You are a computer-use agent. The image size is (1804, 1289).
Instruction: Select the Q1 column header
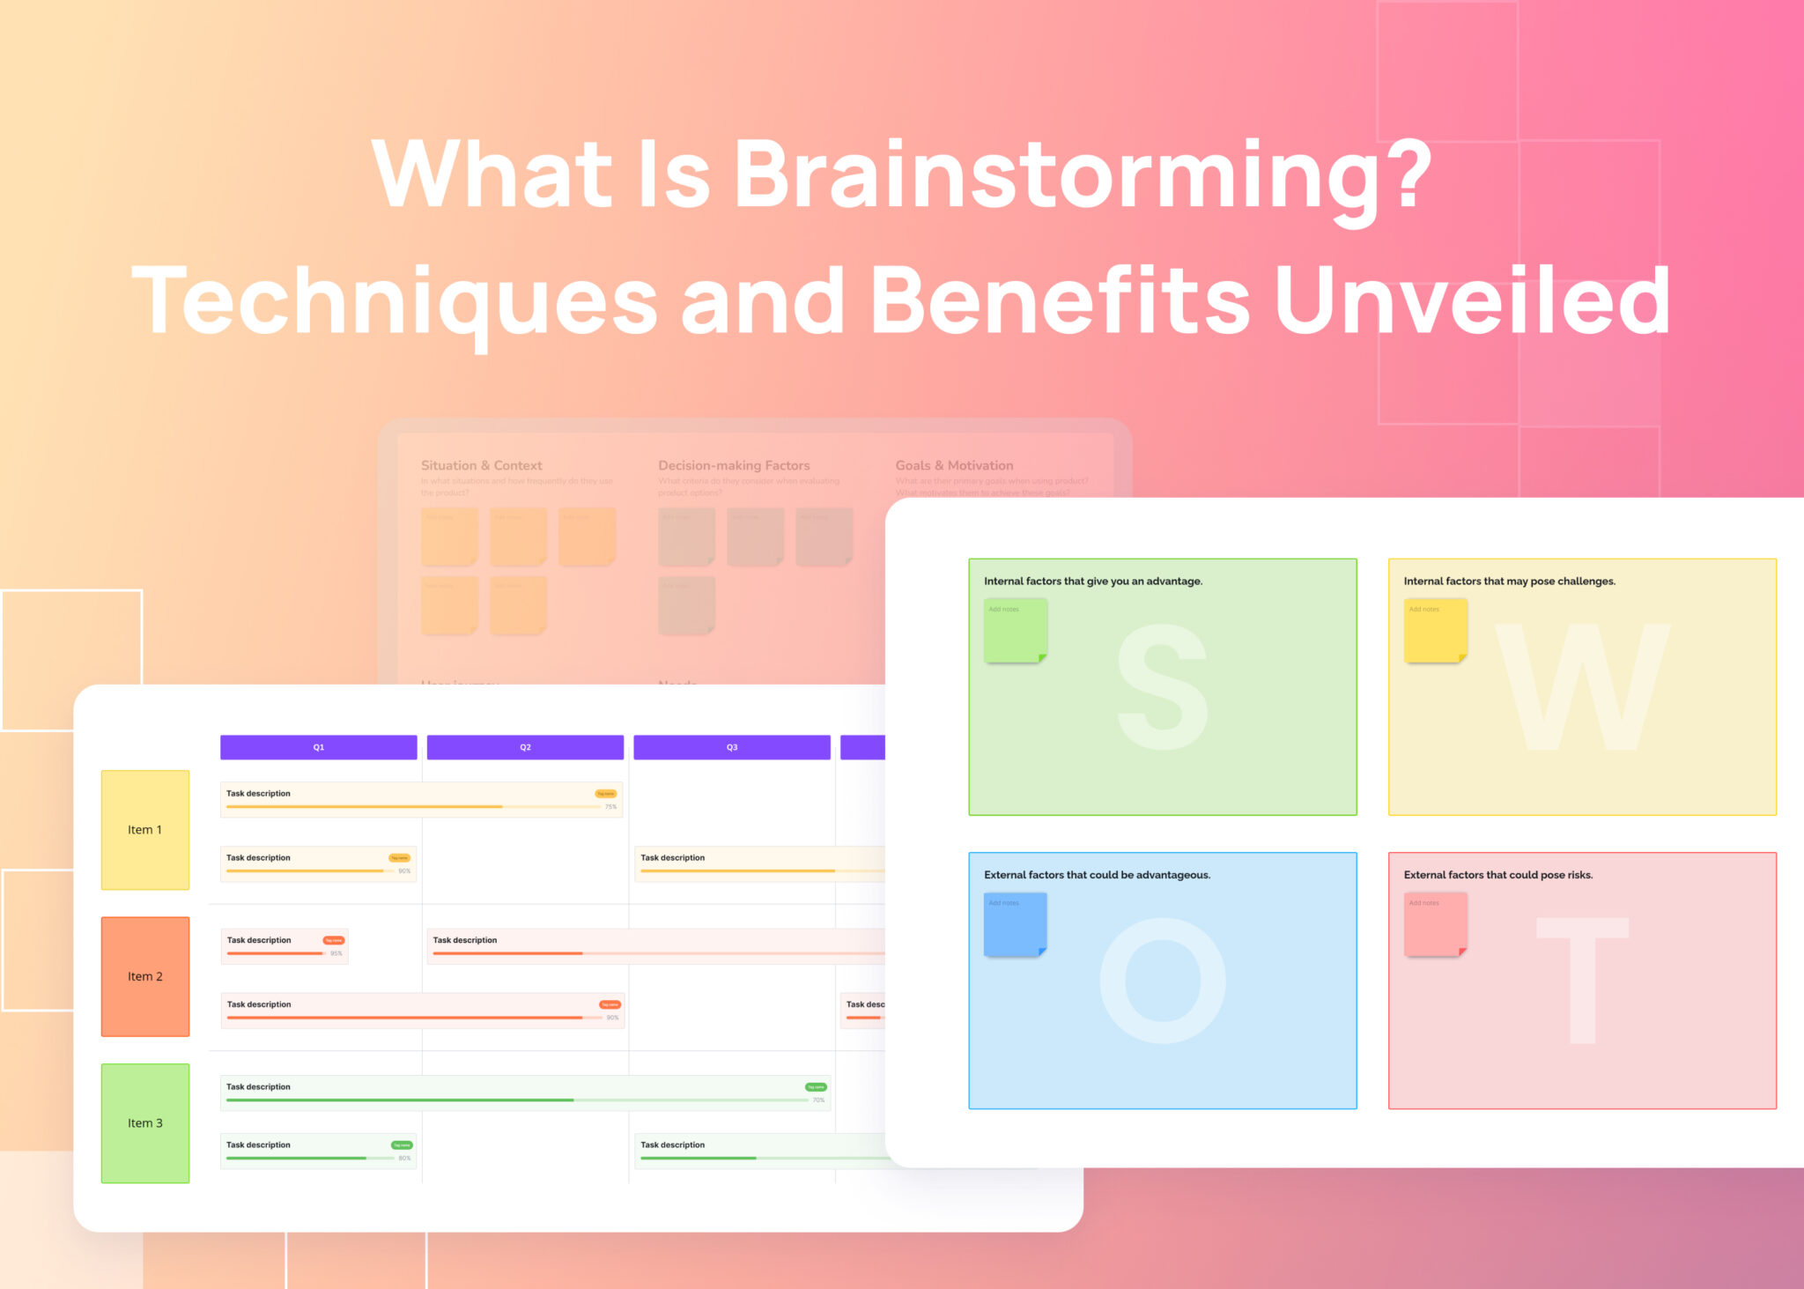click(318, 747)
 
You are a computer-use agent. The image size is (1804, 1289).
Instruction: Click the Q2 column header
click(525, 747)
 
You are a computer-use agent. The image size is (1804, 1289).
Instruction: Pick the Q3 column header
click(731, 747)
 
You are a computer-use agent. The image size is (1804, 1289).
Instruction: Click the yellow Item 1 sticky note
click(145, 830)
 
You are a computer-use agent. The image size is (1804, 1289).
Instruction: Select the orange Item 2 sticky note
click(145, 976)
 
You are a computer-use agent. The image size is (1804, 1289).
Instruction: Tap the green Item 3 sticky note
click(145, 1123)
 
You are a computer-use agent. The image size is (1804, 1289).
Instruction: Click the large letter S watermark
click(1162, 687)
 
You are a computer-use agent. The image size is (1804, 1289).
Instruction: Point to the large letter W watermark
click(1582, 687)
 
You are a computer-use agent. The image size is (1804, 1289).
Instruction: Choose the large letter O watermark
click(1163, 981)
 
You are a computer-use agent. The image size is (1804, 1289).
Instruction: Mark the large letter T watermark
click(1582, 981)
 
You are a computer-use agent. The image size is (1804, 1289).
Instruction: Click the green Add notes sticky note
click(1016, 631)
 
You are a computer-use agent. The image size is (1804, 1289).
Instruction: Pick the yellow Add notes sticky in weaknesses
click(1435, 631)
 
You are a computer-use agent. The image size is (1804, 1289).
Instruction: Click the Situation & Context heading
click(481, 465)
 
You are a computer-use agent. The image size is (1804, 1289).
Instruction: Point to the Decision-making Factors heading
click(734, 465)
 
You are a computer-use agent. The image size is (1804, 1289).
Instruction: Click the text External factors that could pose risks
click(1497, 875)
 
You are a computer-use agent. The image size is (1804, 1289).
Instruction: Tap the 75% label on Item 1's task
click(610, 807)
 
